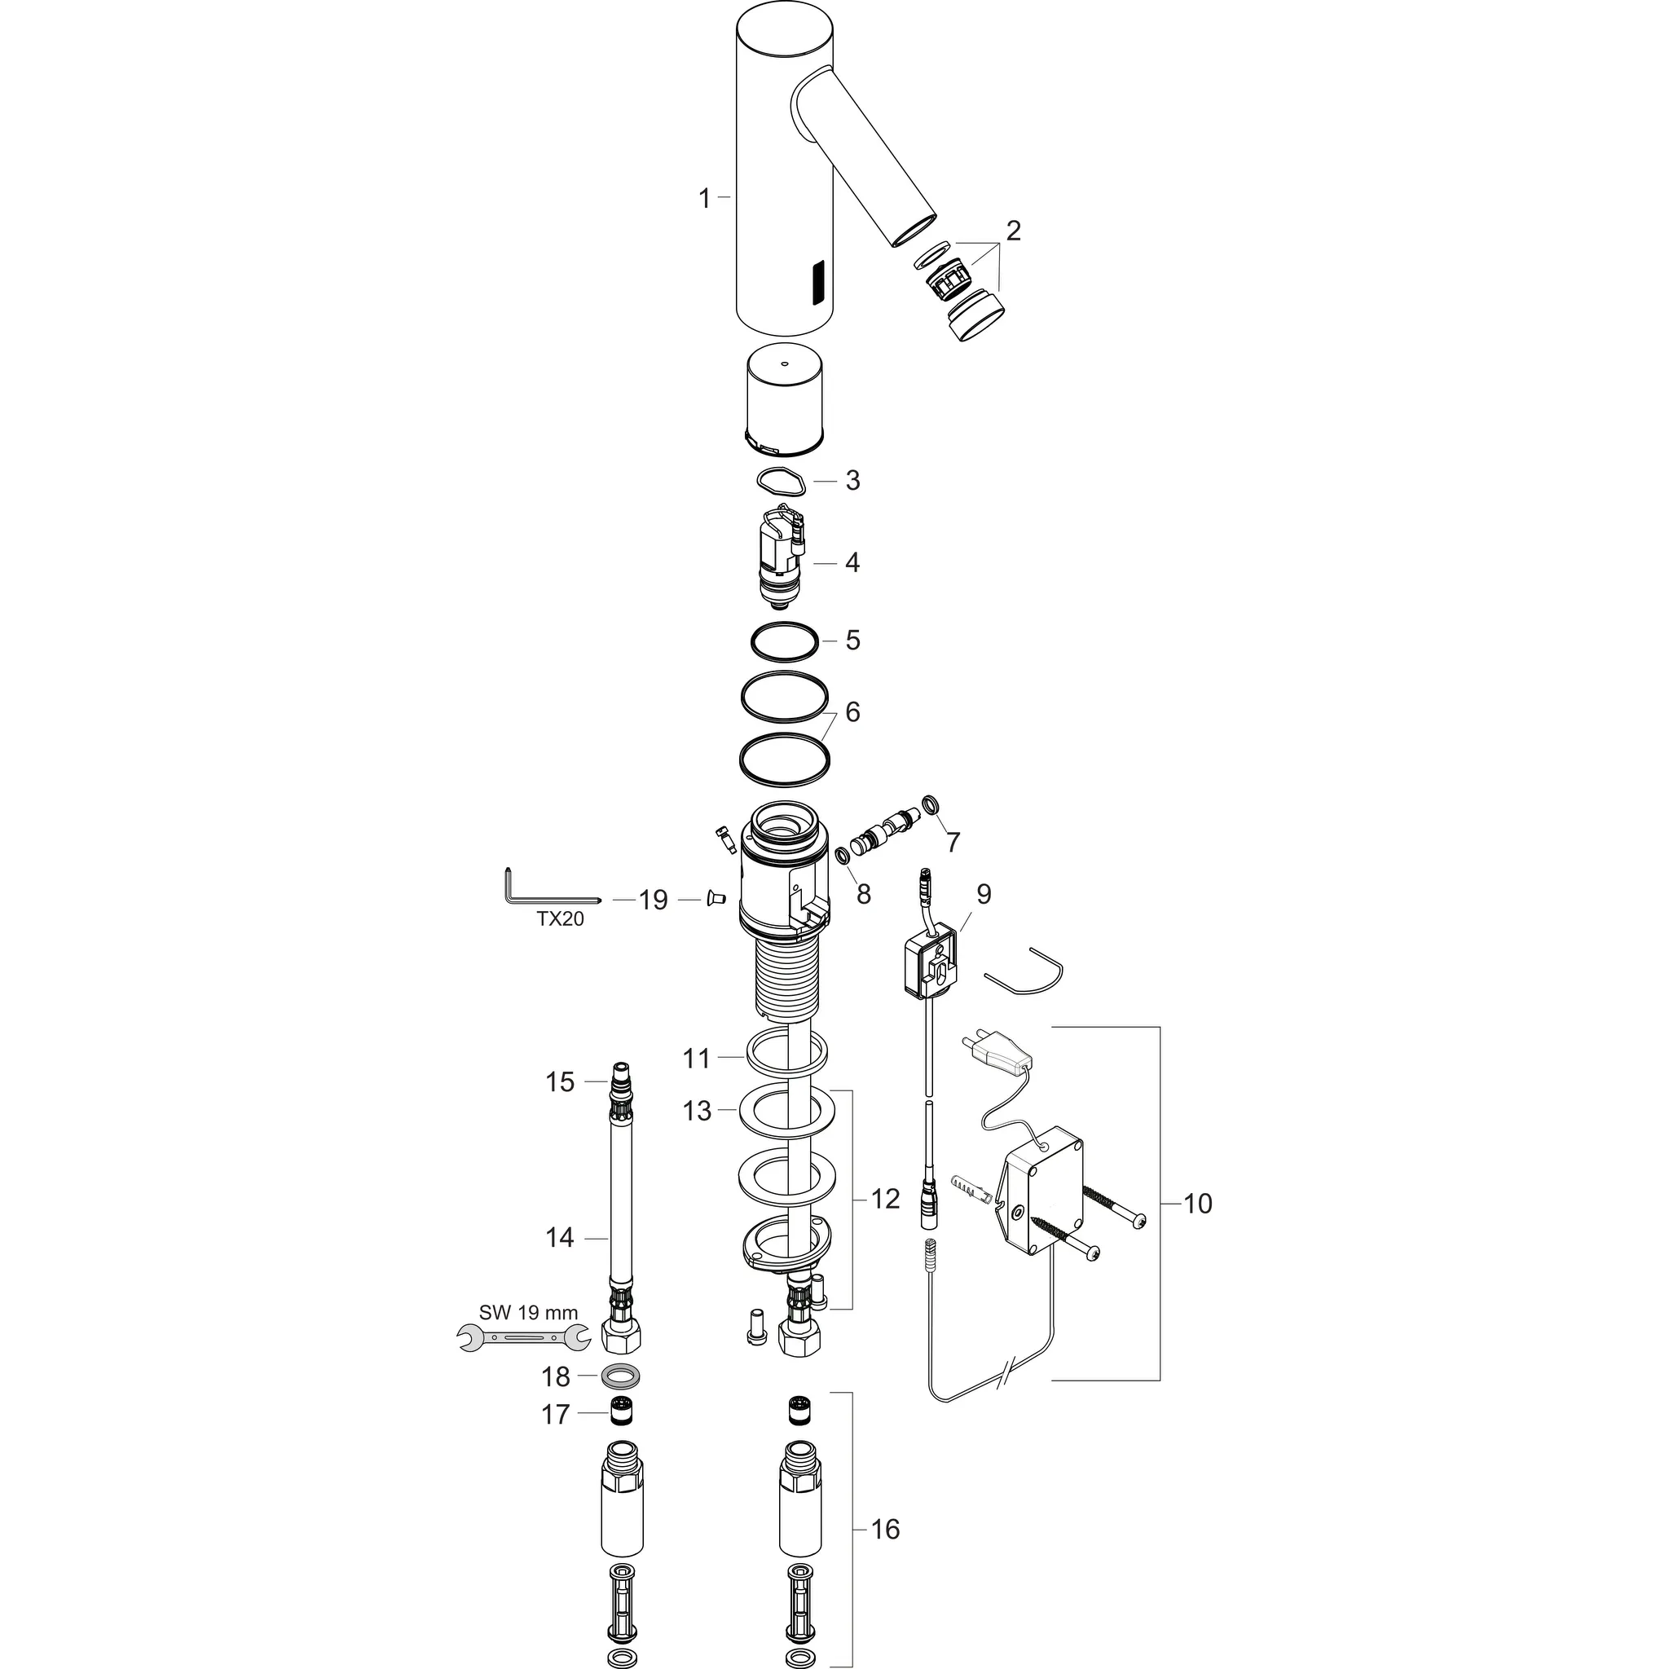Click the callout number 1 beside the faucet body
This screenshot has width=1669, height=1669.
(x=704, y=199)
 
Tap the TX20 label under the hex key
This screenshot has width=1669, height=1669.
(x=560, y=919)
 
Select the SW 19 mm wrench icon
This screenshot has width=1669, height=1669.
(x=522, y=1338)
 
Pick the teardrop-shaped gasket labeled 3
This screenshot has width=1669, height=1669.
(x=782, y=479)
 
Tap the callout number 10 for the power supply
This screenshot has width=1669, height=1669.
(x=1197, y=1203)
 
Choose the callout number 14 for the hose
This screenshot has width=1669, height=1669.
(x=560, y=1237)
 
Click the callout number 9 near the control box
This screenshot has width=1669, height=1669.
(x=983, y=893)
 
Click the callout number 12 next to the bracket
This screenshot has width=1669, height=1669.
(x=886, y=1199)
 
